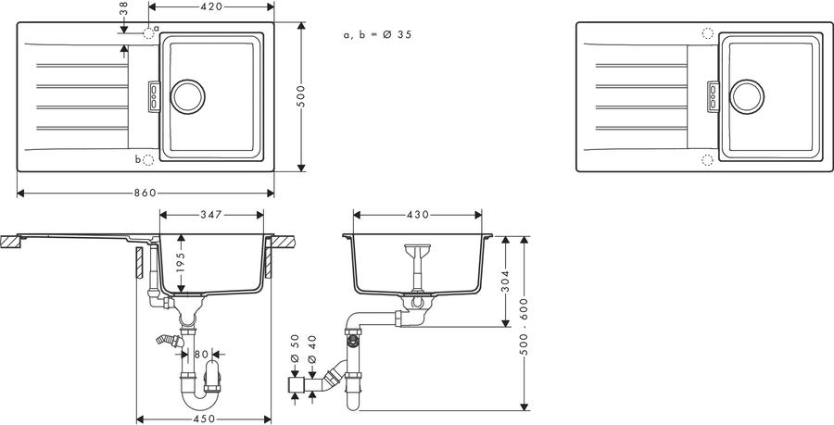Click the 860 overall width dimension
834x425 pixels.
[145, 193]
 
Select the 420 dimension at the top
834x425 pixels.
[211, 6]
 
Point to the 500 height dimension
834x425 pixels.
[301, 96]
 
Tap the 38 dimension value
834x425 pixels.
[123, 8]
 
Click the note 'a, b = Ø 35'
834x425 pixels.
[378, 35]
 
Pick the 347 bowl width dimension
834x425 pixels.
[211, 215]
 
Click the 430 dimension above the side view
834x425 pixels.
[418, 215]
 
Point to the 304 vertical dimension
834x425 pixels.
[505, 281]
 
